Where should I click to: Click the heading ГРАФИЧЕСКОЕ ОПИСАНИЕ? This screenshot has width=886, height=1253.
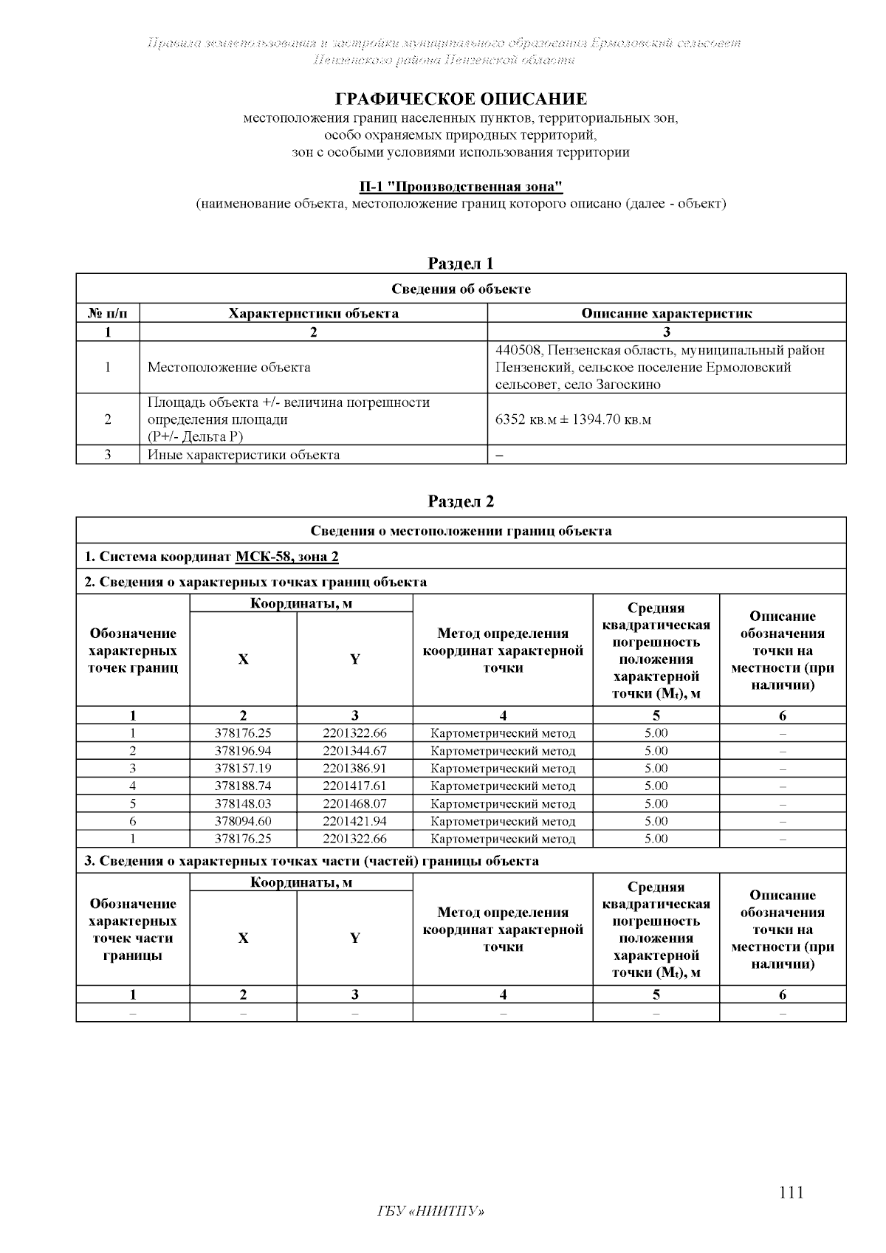pos(461,99)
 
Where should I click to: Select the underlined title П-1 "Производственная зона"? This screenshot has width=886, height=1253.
pos(461,186)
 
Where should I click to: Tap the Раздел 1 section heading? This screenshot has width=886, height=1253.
pos(461,264)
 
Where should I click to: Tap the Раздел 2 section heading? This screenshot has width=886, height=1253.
pos(461,502)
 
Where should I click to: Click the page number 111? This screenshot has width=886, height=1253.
pos(791,1192)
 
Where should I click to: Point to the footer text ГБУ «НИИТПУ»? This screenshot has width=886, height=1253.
pos(431,1212)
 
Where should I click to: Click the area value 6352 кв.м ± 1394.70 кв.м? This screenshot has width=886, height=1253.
pos(573,419)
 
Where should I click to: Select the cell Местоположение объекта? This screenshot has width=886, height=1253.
pos(229,367)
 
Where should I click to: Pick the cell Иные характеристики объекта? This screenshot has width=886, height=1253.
pos(244,455)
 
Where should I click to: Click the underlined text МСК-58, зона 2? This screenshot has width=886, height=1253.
pos(286,556)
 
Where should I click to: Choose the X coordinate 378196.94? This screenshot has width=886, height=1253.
pos(243,751)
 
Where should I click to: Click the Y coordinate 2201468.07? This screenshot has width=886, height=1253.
pos(354,803)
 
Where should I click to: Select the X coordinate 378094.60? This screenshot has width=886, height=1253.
pos(243,821)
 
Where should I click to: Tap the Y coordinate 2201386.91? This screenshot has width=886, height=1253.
pos(354,769)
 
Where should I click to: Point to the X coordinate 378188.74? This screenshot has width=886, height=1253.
pos(243,786)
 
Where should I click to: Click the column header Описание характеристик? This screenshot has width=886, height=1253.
pos(666,313)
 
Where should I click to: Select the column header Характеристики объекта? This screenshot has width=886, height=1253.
pos(313,313)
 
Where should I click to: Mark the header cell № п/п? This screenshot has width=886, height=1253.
pos(108,313)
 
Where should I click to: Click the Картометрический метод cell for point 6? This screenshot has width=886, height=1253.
pos(502,821)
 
